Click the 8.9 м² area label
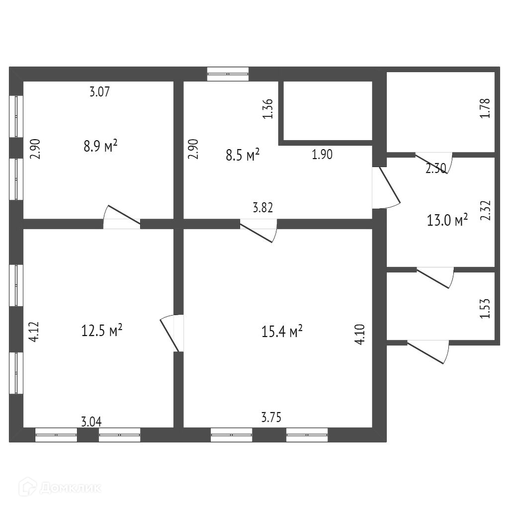100,146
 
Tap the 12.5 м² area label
102,330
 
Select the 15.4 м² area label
282,331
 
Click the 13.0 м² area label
447,220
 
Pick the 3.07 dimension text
99,91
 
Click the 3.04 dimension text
91,422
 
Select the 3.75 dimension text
271,418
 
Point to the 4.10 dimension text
360,334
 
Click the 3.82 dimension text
263,208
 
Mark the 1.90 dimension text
322,155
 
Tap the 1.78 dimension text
486,108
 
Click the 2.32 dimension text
486,210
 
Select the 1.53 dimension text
486,309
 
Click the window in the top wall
228,74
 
